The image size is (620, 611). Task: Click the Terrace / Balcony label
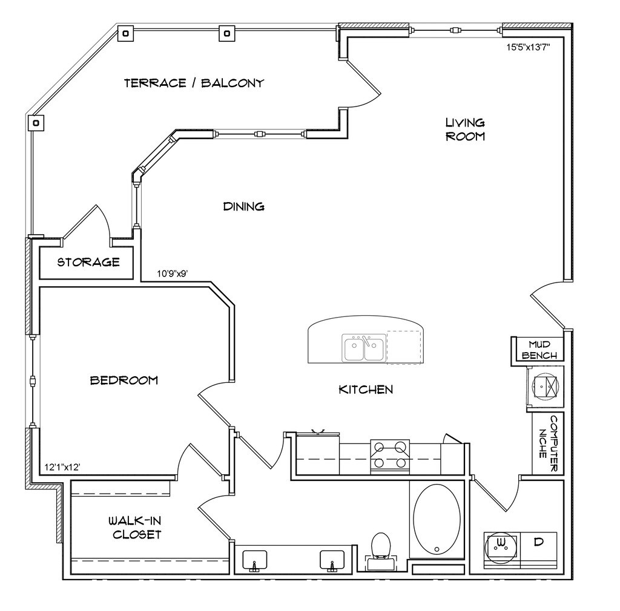coord(194,83)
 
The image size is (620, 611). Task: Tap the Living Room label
coord(465,129)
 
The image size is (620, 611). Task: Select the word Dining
coord(244,207)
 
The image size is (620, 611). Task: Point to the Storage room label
coord(88,263)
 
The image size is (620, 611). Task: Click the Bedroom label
coord(124,381)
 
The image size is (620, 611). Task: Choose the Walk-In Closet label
coord(135,528)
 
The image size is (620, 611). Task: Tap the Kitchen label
coord(365,390)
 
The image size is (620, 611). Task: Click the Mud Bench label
coord(539,350)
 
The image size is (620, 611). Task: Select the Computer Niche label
coord(549,444)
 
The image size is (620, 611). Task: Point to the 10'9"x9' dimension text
coord(173,273)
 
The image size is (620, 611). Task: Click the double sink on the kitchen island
coord(363,348)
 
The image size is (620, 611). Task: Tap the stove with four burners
coord(390,456)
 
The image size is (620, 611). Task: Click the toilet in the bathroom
coord(381,547)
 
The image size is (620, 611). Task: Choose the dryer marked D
coord(538,542)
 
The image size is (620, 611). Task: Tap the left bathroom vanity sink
coord(254,560)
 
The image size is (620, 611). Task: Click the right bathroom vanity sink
coord(332,560)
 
